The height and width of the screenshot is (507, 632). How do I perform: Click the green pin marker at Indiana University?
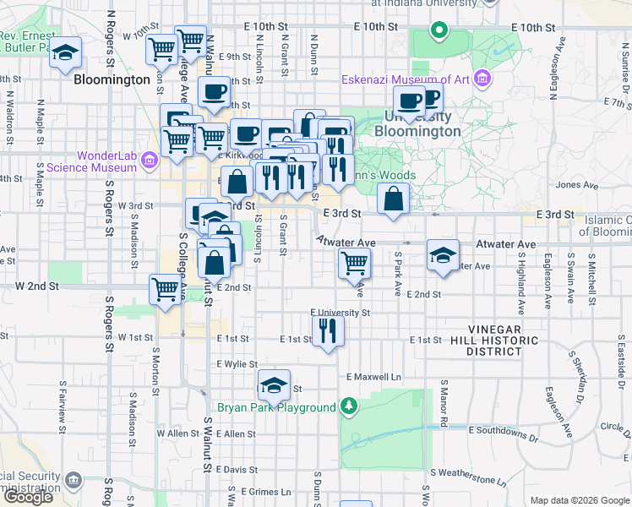(x=439, y=32)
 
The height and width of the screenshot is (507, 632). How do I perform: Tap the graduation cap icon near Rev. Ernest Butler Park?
(x=64, y=53)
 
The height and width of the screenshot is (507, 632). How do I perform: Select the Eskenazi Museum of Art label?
(x=405, y=80)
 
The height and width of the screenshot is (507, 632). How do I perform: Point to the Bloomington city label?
(x=112, y=80)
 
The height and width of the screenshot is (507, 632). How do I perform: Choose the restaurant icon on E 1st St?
(x=328, y=330)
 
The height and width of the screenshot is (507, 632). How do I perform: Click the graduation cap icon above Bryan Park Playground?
(x=273, y=386)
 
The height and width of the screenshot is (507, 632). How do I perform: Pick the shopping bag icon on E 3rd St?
(x=394, y=200)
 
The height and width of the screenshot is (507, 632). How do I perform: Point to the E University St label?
(x=340, y=312)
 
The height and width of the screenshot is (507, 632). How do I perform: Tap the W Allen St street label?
(x=177, y=433)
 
